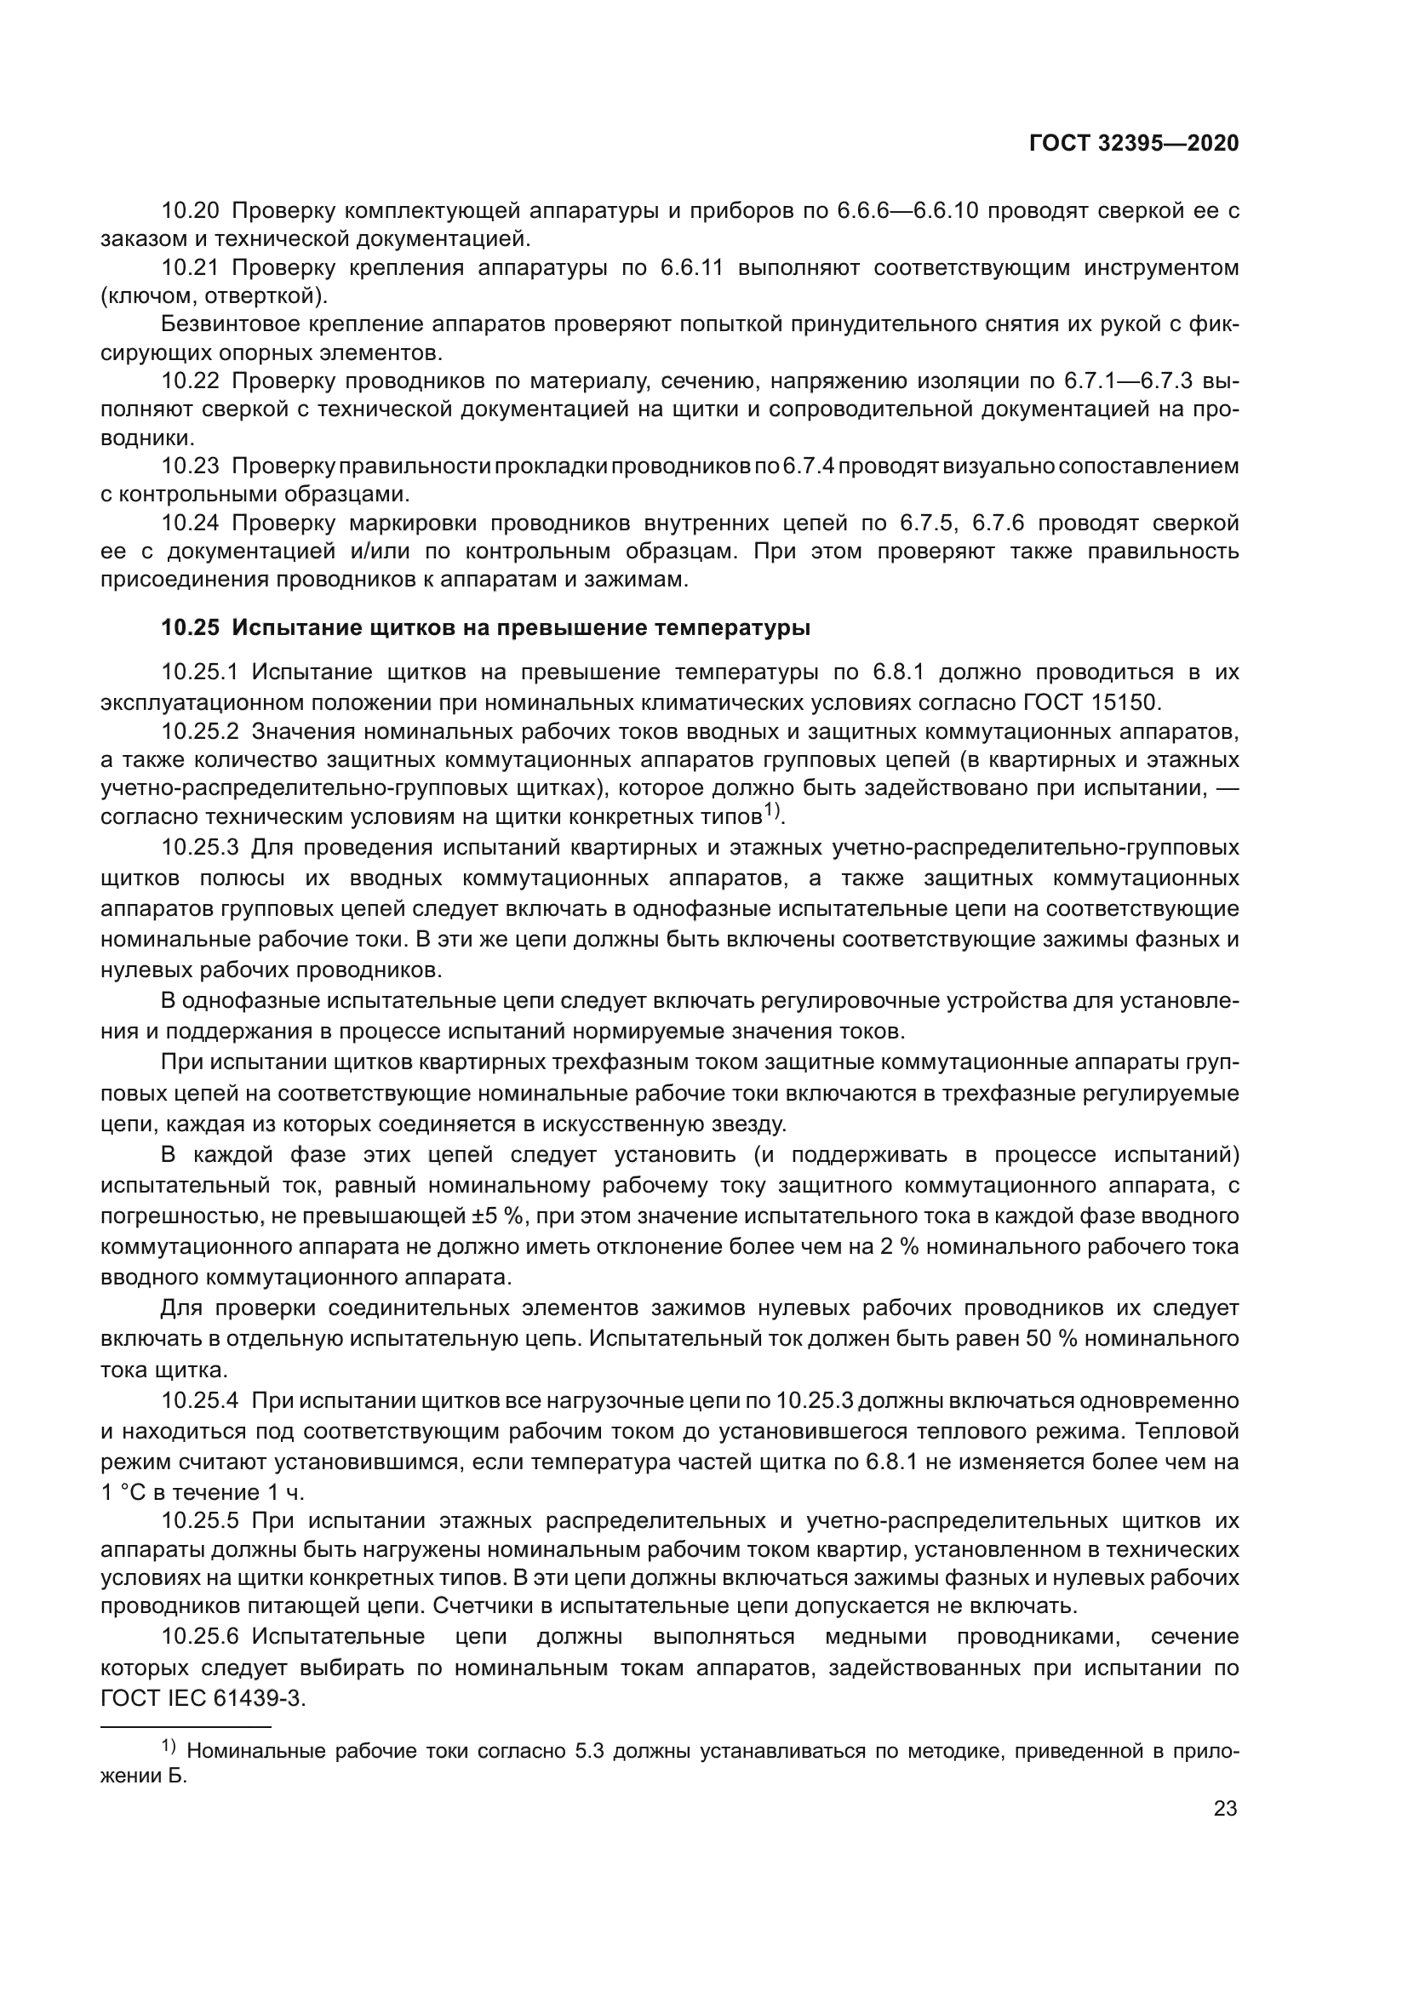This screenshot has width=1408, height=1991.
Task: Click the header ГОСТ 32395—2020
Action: click(1133, 144)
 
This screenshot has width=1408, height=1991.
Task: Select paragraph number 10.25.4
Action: click(199, 1400)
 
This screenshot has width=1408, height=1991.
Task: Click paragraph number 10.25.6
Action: click(199, 1637)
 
